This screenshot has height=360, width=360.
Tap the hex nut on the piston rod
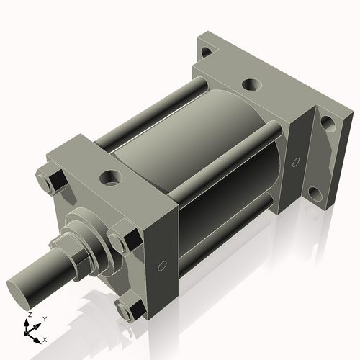coord(73,248)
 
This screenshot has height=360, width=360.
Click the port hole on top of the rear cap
coord(251,84)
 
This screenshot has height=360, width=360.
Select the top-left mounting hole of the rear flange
coord(207,52)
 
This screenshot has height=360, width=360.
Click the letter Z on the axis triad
coord(28,315)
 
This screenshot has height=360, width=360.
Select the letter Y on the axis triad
coord(44,318)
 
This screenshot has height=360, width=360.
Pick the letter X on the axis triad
coord(45,338)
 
